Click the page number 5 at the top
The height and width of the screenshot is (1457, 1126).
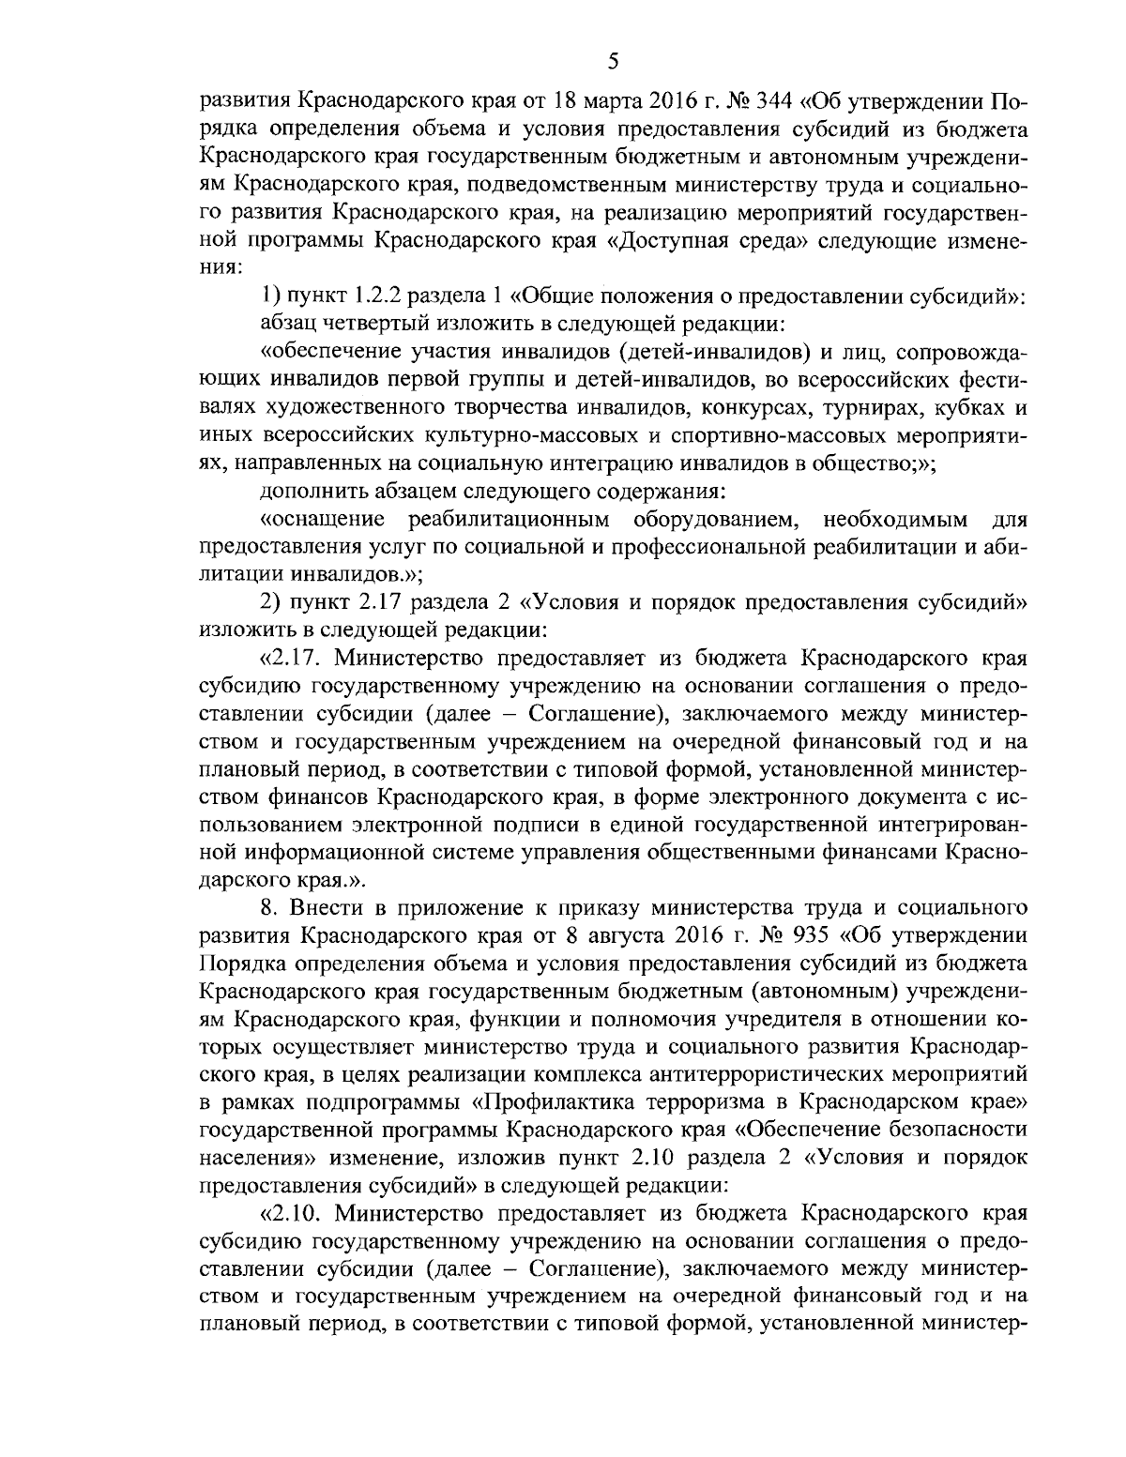click(612, 63)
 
